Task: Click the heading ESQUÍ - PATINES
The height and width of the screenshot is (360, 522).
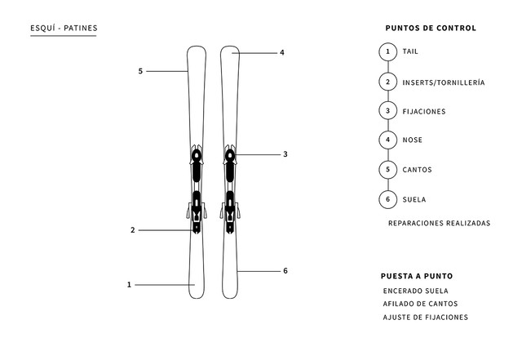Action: click(x=64, y=28)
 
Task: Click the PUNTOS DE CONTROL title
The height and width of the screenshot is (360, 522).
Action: click(x=431, y=28)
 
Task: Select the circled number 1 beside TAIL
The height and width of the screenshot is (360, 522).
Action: click(x=388, y=52)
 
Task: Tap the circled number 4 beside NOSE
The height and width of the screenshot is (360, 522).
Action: click(x=388, y=140)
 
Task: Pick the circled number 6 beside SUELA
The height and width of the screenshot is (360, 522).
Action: click(x=388, y=199)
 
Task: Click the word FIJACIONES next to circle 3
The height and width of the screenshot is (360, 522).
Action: click(x=424, y=112)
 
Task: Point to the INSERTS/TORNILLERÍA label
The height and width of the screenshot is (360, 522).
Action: click(x=444, y=82)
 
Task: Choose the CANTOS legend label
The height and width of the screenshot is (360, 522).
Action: click(x=417, y=170)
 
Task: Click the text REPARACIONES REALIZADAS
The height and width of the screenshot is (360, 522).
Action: click(x=439, y=223)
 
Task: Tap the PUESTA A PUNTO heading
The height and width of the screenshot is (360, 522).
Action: click(x=417, y=276)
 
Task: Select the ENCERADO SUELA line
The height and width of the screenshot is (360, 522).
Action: click(x=415, y=291)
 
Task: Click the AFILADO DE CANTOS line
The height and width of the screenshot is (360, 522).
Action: click(x=420, y=304)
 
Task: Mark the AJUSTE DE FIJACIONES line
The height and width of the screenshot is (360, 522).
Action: click(x=426, y=318)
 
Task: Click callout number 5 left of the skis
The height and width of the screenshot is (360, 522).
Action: click(x=140, y=71)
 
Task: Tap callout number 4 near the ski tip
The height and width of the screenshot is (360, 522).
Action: click(x=282, y=53)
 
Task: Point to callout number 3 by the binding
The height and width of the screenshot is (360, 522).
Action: click(x=285, y=154)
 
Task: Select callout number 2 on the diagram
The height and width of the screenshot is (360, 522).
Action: click(x=133, y=230)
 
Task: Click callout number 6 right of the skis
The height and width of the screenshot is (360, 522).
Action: click(x=285, y=271)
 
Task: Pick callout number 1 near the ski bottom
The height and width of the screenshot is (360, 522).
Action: click(x=129, y=285)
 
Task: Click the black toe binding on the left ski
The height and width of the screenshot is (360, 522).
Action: click(x=197, y=165)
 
